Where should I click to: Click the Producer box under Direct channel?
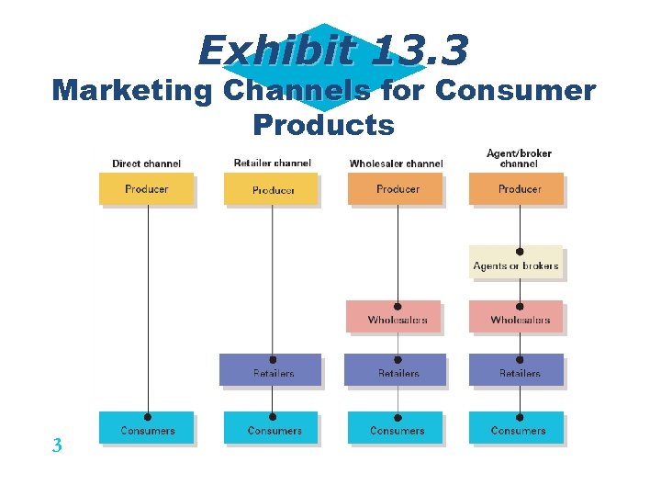pos(147,189)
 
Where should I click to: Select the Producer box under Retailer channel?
pos(272,189)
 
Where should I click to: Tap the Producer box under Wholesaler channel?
pos(397,189)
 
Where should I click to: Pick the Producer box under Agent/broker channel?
pos(518,189)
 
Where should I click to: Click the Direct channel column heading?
pos(147,163)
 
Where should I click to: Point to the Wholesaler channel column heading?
pos(396,163)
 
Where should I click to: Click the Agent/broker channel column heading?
pos(519,158)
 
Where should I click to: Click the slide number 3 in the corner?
pos(56,446)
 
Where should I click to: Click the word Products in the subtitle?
pos(323,123)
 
